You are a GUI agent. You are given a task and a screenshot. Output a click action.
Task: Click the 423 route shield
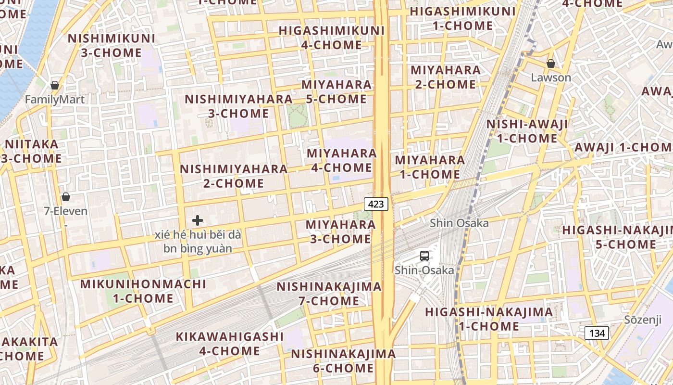click(x=376, y=204)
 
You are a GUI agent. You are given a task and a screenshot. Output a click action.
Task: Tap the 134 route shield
click(x=597, y=333)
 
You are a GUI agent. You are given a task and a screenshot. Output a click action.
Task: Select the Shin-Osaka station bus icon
click(x=424, y=256)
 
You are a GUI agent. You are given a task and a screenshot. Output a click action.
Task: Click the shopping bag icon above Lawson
click(x=551, y=64)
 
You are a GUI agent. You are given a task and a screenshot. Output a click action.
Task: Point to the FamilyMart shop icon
click(x=55, y=85)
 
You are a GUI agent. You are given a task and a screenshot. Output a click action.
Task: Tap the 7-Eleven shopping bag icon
click(x=66, y=197)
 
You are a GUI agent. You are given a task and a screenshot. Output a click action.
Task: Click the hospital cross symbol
click(x=198, y=220)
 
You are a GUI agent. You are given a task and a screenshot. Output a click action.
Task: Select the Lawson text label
click(x=551, y=77)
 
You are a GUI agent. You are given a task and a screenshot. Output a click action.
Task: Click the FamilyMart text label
click(x=55, y=100)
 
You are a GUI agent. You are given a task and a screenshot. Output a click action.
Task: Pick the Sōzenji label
click(x=644, y=320)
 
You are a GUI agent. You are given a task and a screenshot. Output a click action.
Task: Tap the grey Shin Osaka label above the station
click(x=459, y=223)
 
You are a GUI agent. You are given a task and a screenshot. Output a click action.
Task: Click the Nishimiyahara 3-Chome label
click(x=239, y=106)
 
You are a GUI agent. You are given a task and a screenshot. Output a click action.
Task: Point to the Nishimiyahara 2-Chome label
click(x=234, y=176)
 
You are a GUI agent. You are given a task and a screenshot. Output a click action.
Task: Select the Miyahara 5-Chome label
click(x=336, y=92)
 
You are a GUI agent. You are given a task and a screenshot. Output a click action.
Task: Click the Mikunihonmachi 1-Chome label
click(x=143, y=291)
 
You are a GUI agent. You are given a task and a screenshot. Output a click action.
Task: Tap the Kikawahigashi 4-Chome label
click(x=230, y=344)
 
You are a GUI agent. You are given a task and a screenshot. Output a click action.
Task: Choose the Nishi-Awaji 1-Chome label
click(x=527, y=131)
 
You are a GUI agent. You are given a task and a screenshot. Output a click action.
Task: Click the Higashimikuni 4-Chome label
click(x=332, y=38)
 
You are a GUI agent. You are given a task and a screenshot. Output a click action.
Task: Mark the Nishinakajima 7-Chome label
click(x=329, y=294)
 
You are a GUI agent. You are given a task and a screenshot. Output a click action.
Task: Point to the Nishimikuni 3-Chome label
click(x=112, y=45)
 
